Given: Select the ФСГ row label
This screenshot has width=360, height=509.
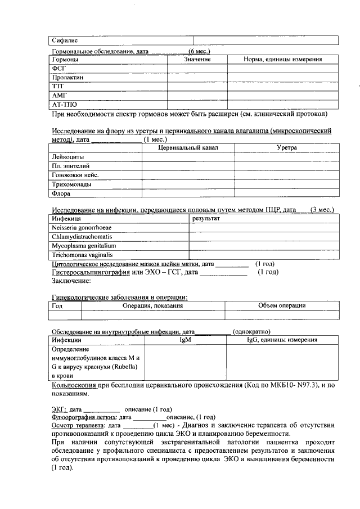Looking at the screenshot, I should tap(58, 68).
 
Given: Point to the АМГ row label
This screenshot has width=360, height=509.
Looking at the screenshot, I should tap(58, 95).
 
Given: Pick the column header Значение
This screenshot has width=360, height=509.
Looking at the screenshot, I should tap(197, 59).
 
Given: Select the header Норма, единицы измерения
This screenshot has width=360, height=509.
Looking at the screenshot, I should tap(282, 59).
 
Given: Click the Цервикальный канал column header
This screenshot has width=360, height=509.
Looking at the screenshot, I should tap(188, 147).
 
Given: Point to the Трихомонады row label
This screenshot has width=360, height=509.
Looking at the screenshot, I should tap(71, 184).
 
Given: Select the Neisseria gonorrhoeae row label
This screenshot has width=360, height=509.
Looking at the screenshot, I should tap(82, 227).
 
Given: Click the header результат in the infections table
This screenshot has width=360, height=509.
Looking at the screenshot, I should tap(206, 218).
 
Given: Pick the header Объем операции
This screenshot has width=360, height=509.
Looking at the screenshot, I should tap(281, 306).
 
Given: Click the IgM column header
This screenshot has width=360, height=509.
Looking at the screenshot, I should tap(185, 340).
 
